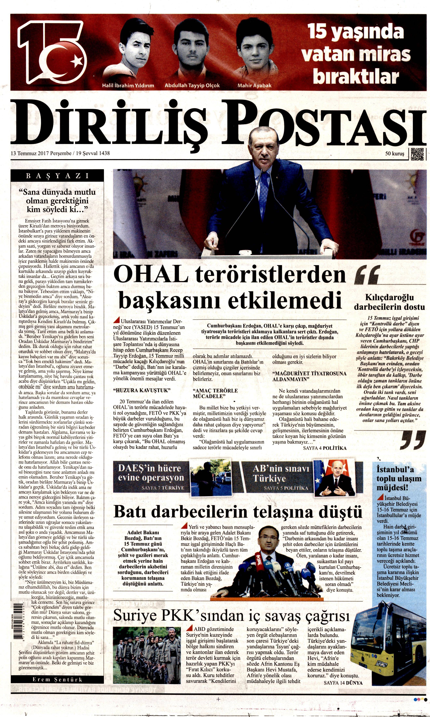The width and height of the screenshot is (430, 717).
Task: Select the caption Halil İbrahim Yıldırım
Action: (128, 86)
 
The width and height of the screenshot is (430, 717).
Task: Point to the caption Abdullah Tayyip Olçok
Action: (192, 86)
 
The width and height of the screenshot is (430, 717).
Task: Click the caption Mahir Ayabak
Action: (254, 86)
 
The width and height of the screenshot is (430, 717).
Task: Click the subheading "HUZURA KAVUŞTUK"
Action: (141, 390)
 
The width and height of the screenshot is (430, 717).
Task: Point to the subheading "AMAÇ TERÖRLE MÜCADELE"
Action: (215, 393)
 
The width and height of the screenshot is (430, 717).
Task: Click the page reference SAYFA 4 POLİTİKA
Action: (324, 448)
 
